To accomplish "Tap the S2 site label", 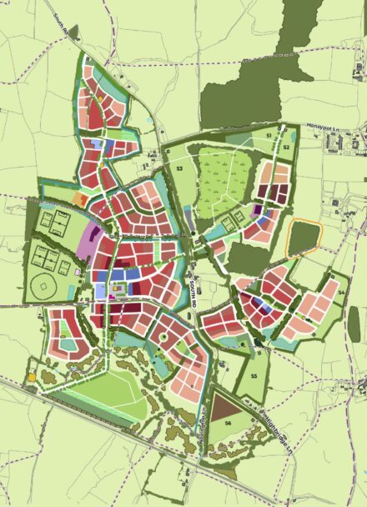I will [285, 147].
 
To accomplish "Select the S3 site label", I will [179, 168].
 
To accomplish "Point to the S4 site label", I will [340, 293].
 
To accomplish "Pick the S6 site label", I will [227, 425].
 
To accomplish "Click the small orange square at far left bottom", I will [32, 377].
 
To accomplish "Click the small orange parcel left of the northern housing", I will [79, 200].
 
